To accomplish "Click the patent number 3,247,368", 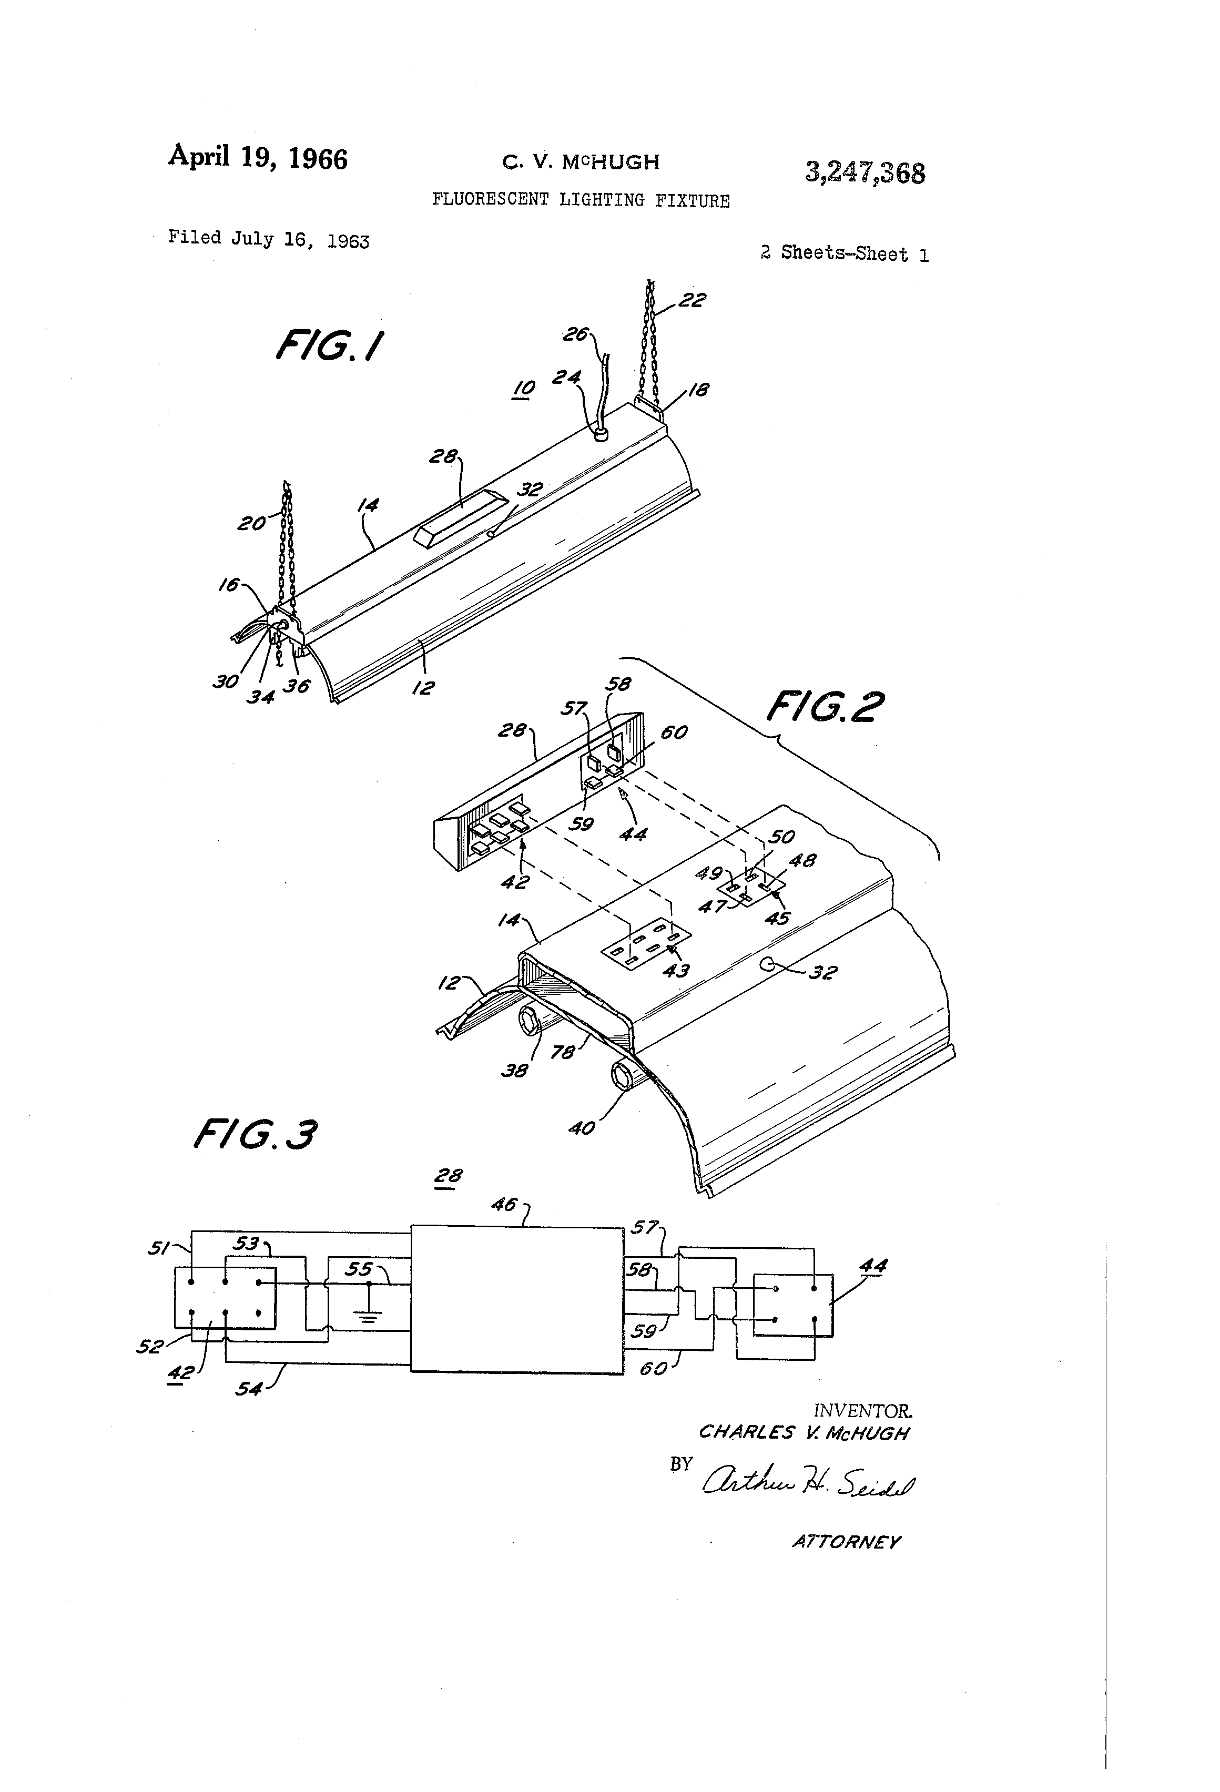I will pyautogui.click(x=865, y=172).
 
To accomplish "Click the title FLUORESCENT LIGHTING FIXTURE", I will pyautogui.click(x=580, y=200).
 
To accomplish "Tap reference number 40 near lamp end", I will pyautogui.click(x=582, y=1127).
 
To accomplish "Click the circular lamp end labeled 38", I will pyautogui.click(x=529, y=1024).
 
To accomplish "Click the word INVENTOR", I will pyautogui.click(x=863, y=1410).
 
